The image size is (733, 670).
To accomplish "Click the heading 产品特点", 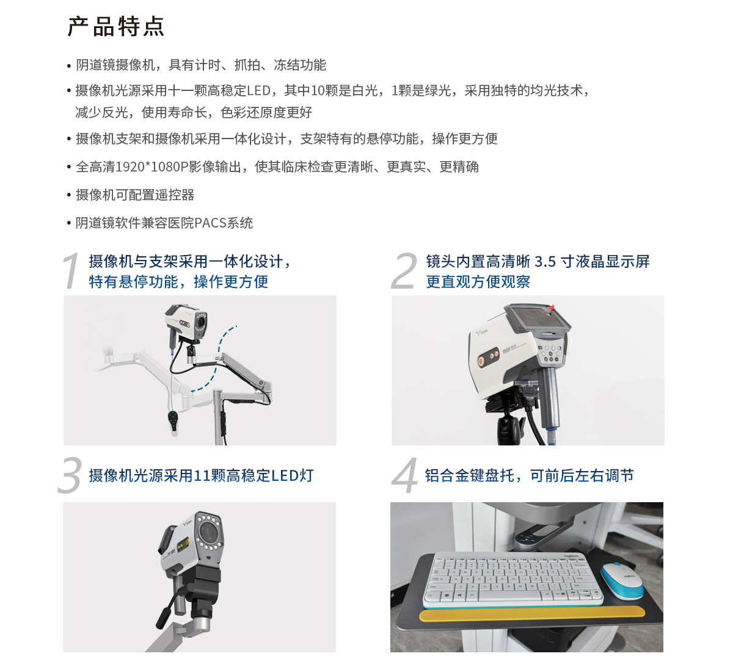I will pyautogui.click(x=115, y=27).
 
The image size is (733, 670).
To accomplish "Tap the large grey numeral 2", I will pyautogui.click(x=404, y=271).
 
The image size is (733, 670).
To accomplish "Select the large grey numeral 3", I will pyautogui.click(x=70, y=475).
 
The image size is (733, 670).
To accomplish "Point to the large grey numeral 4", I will pyautogui.click(x=404, y=475).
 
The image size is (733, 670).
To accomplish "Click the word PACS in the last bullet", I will pyautogui.click(x=210, y=223).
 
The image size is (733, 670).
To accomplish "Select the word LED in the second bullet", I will pyautogui.click(x=258, y=91).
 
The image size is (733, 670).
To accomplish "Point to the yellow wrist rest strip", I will pyautogui.click(x=531, y=613).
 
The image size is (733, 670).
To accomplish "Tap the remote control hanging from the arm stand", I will pyautogui.click(x=174, y=420).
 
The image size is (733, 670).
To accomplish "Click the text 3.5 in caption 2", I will pyautogui.click(x=545, y=262).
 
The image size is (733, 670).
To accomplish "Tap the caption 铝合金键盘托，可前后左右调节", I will pyautogui.click(x=529, y=475).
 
